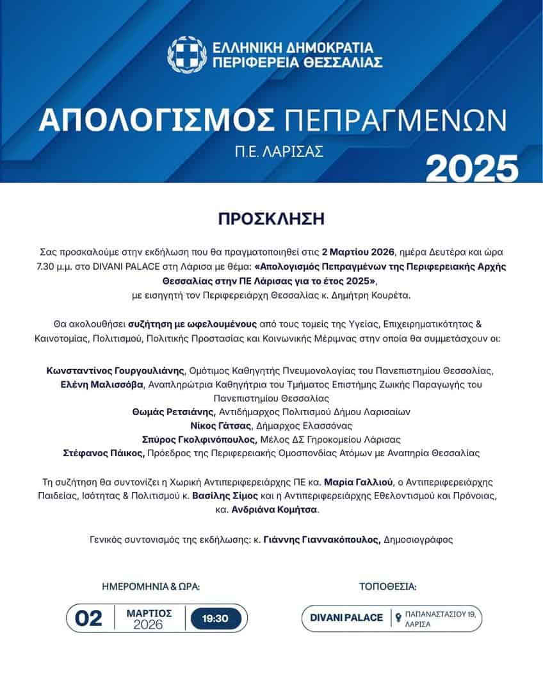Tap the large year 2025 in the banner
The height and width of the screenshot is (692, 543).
472,168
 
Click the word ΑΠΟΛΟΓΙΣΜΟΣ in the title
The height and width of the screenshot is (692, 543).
157,120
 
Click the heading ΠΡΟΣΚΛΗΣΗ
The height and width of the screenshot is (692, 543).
271,219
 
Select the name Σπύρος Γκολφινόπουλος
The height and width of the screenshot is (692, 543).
199,440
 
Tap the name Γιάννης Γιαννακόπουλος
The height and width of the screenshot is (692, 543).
322,540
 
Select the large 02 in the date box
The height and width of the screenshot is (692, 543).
89,618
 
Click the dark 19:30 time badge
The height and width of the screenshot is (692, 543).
216,618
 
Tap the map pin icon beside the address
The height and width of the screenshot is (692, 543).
398,618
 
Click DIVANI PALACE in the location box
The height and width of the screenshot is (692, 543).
346,618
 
